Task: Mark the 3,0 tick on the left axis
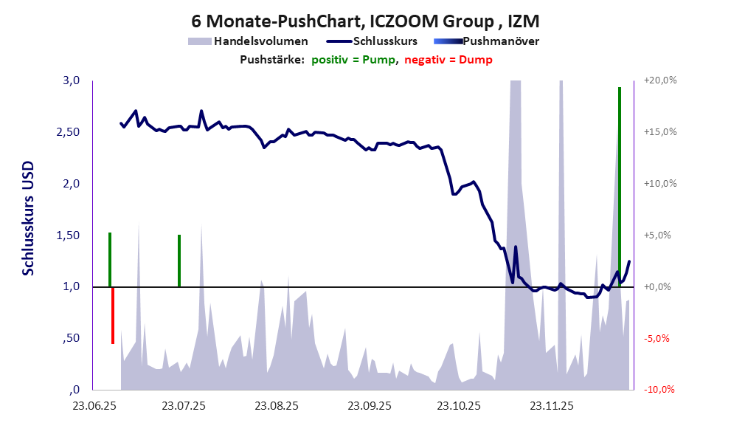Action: pyautogui.click(x=70, y=80)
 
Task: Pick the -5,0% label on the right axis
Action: pyautogui.click(x=659, y=339)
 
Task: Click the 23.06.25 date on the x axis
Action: pyautogui.click(x=94, y=406)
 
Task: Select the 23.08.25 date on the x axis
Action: pyautogui.click(x=277, y=406)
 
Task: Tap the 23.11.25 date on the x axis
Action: pyautogui.click(x=552, y=406)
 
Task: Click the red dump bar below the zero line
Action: pyautogui.click(x=113, y=315)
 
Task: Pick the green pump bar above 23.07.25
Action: pyautogui.click(x=179, y=260)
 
